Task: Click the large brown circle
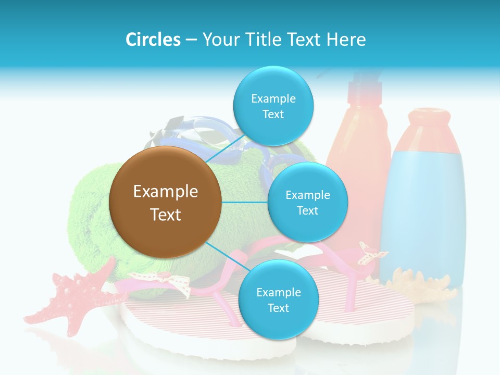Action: point(165,202)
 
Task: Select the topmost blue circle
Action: point(273,106)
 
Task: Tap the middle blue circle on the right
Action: point(307,202)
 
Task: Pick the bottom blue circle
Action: point(278,299)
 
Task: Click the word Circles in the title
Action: point(153,39)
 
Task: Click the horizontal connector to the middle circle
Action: point(244,202)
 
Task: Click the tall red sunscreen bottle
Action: point(359,156)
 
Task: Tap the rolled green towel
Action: point(91,219)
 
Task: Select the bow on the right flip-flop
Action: point(373,253)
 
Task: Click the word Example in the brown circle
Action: point(165,191)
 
